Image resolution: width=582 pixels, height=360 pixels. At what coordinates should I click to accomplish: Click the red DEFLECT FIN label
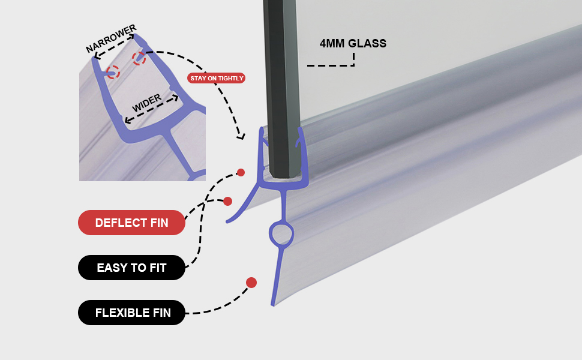131,223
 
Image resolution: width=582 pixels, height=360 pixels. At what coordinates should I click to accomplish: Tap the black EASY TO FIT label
131,268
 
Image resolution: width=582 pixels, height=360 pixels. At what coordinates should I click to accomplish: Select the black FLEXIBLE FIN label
132,313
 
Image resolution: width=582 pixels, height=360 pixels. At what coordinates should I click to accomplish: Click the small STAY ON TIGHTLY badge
217,78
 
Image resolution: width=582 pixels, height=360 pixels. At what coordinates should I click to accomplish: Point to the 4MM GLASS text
353,43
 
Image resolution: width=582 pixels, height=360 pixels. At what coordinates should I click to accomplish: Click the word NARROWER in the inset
111,38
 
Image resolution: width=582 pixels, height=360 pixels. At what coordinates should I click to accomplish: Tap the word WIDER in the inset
146,103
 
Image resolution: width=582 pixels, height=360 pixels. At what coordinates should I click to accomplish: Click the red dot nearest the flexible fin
251,283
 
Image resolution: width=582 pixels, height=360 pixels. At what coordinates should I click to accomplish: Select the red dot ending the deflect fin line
227,201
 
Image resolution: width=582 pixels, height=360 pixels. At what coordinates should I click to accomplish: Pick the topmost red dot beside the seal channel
241,173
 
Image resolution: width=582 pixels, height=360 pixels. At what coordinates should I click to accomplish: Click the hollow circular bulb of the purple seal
281,234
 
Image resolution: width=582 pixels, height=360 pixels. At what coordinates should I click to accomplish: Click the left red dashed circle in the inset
113,73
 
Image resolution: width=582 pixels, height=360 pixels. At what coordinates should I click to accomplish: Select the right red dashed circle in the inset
139,59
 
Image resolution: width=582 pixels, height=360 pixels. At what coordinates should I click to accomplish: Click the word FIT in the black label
157,268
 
